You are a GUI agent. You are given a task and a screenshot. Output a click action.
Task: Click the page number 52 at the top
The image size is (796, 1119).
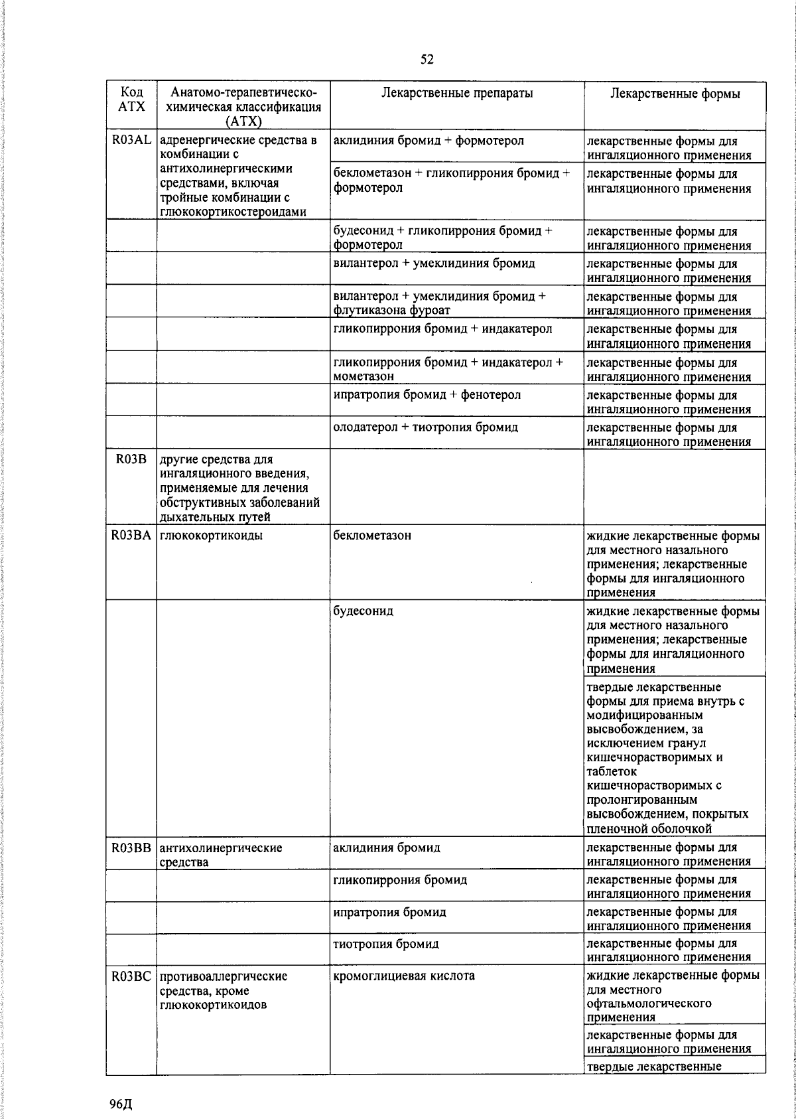pos(427,60)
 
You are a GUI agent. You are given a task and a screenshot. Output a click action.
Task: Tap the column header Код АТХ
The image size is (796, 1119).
pos(131,100)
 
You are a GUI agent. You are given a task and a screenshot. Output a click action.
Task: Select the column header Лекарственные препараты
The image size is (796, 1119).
pos(457,94)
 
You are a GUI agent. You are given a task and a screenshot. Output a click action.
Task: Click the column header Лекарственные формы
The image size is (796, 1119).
pos(675,94)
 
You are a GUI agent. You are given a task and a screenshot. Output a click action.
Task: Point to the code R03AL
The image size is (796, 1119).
pos(131,141)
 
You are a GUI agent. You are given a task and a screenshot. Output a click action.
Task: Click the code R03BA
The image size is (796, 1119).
pos(131,536)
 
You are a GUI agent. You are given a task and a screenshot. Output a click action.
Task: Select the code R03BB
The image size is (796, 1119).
pos(131,848)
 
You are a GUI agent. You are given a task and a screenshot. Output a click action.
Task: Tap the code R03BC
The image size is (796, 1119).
pos(131,976)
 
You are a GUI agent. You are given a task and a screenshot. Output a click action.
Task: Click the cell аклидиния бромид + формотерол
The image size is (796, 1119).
pos(429,141)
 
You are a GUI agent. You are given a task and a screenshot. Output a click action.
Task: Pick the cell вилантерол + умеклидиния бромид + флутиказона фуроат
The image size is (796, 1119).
pos(439,303)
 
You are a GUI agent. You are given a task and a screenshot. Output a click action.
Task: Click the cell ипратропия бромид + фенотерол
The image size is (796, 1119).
pos(427,395)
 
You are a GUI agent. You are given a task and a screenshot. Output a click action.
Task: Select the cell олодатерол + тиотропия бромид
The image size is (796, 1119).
pos(425,427)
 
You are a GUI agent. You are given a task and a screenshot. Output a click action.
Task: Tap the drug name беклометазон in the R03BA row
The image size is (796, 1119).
pos(372,536)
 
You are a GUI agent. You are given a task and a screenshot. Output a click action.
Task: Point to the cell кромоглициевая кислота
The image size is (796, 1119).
pos(404,976)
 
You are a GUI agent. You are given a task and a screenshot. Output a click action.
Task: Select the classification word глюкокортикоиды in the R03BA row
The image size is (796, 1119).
pos(211,536)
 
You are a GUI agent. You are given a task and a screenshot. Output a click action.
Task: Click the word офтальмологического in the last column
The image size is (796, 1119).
pos(649,1003)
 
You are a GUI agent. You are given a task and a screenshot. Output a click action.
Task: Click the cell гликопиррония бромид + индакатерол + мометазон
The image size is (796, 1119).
pos(448,369)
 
